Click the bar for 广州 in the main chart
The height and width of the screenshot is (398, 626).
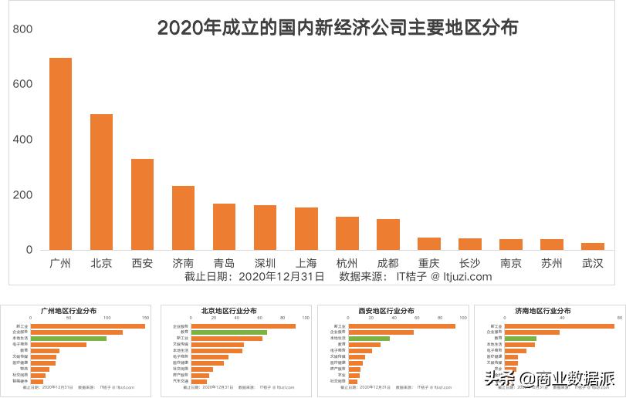coord(60,153)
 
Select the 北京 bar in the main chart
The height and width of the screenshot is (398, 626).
coord(101,182)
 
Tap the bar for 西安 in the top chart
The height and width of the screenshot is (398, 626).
coord(142,204)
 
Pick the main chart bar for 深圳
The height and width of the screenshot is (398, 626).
coord(265,228)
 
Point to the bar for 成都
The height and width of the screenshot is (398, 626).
coord(387,234)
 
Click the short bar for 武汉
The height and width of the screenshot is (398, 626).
coord(592,246)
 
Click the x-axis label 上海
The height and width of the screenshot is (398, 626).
coord(306,263)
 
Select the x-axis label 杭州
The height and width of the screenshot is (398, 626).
coord(347,263)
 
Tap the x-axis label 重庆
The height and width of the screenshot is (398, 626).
coord(428,263)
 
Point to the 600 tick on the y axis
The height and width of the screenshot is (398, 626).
coord(23,84)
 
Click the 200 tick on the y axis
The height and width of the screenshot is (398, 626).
coord(23,195)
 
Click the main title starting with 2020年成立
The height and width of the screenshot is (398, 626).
coord(337,28)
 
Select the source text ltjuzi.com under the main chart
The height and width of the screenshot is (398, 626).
coord(461,276)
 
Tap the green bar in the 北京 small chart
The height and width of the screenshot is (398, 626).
coord(229,332)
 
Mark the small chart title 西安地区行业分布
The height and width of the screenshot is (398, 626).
coord(385,310)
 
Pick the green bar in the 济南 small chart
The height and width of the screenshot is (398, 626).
coord(520,338)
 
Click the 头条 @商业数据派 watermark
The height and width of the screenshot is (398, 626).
coord(548,378)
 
